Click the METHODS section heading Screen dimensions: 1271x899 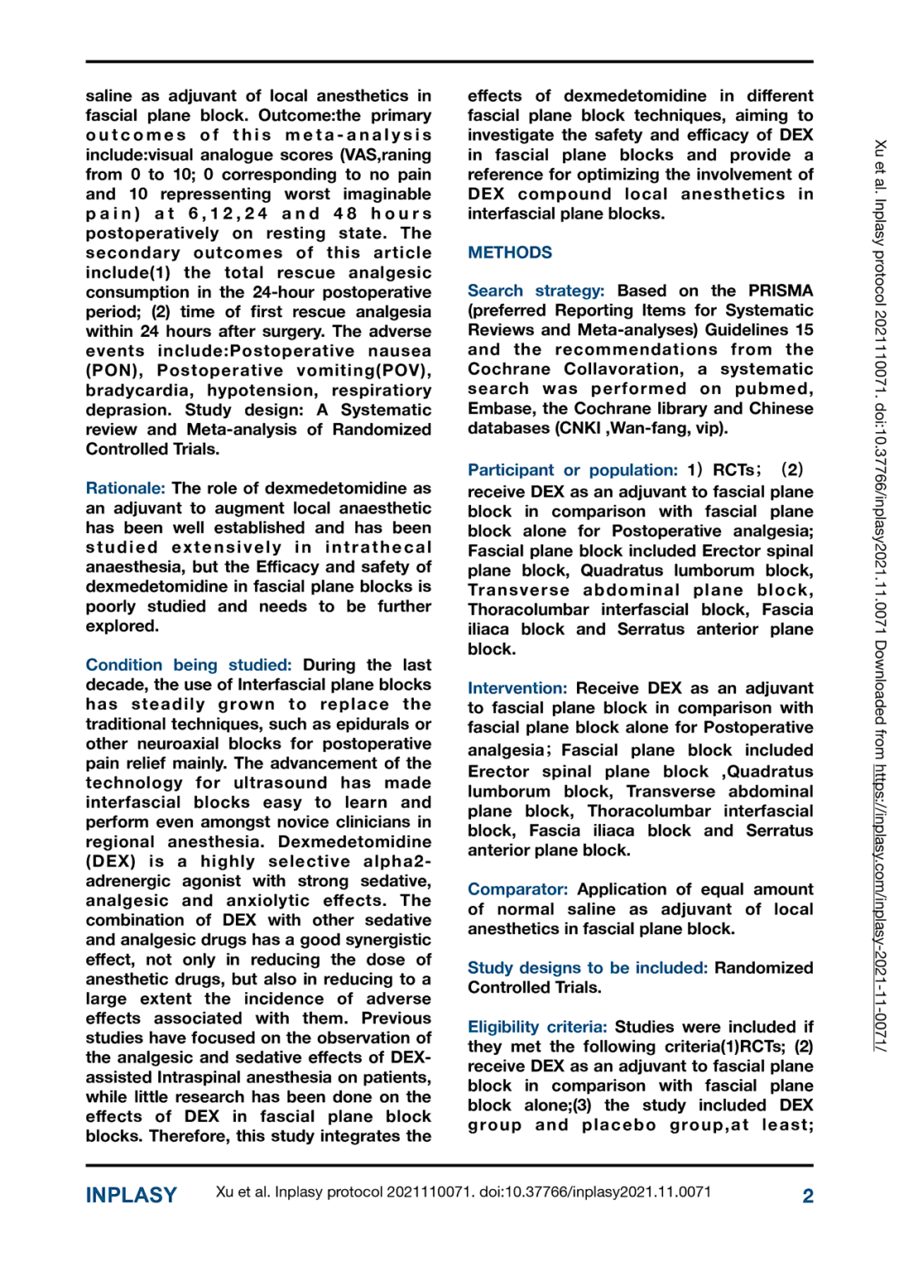click(509, 252)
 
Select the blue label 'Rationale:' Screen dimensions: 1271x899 click(125, 488)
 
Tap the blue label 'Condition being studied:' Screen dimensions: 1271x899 click(188, 665)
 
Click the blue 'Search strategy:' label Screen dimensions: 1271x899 click(536, 290)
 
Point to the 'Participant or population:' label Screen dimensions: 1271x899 click(572, 470)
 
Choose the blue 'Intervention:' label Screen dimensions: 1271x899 click(517, 688)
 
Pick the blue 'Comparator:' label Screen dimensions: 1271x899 click(517, 890)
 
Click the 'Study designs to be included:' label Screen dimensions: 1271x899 click(587, 968)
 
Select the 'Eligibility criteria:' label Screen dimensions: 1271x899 click(536, 1027)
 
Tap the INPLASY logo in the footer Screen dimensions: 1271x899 click(131, 1195)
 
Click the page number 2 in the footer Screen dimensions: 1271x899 click(807, 1196)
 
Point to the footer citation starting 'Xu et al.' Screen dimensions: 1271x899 click(463, 1192)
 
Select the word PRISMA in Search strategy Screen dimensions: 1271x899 click(780, 290)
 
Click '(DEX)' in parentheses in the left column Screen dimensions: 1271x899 click(111, 861)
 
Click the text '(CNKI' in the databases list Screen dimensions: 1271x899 click(575, 429)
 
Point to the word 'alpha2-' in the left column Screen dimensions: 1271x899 click(397, 861)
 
